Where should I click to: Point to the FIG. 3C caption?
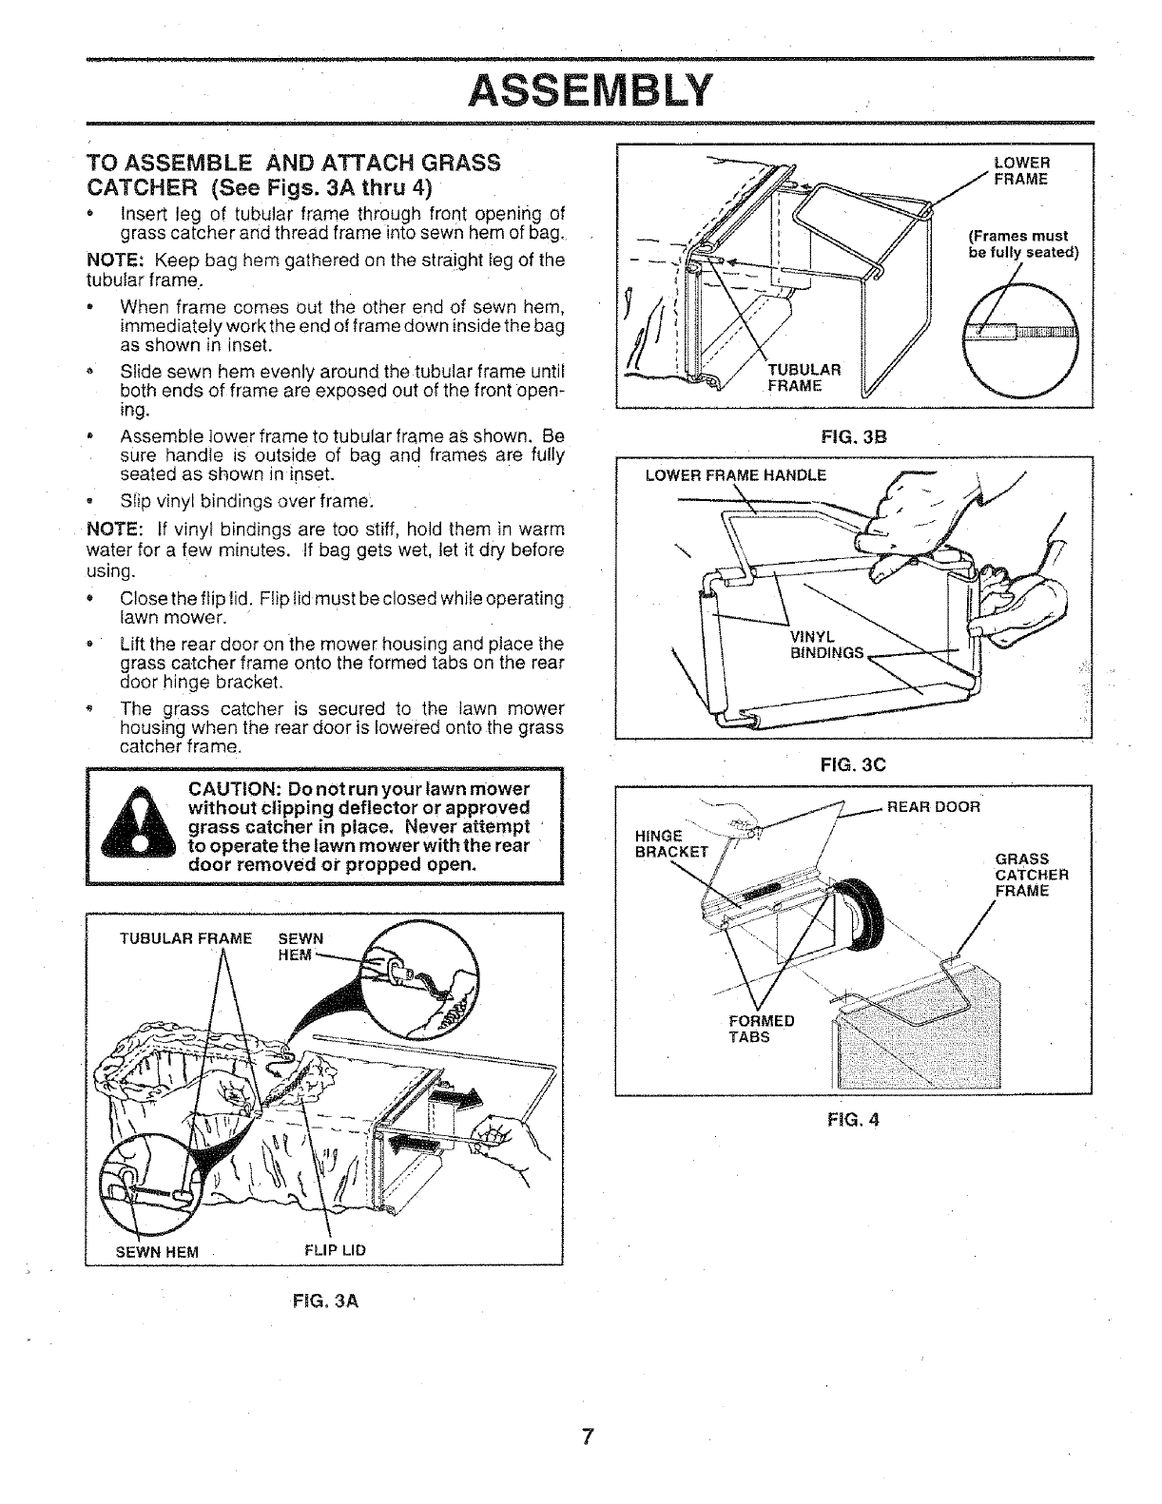[854, 762]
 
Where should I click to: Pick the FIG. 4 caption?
[854, 1119]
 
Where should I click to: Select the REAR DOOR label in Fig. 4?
[933, 807]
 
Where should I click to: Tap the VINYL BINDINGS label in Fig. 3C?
[826, 645]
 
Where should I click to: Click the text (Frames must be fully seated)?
[1017, 244]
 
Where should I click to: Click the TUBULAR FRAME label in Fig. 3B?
[804, 377]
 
